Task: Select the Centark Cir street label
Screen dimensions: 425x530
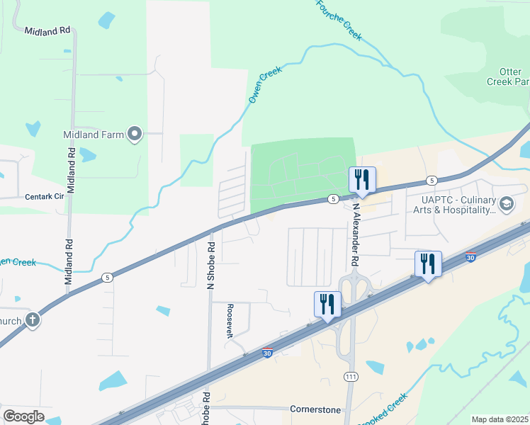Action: click(45, 196)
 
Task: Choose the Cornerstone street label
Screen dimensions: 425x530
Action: click(315, 409)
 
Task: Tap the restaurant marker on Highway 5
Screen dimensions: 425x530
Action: click(362, 180)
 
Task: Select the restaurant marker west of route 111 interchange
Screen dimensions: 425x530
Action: click(327, 305)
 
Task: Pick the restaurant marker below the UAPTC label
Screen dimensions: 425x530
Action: click(428, 264)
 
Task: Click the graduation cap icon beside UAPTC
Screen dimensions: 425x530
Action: click(506, 205)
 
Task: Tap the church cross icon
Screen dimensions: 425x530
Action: click(32, 320)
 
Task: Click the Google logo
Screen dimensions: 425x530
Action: click(23, 416)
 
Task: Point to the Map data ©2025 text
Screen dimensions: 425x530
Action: click(500, 419)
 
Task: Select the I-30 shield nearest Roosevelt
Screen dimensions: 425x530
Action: click(267, 353)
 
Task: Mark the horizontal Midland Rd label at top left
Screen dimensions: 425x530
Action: click(47, 31)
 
